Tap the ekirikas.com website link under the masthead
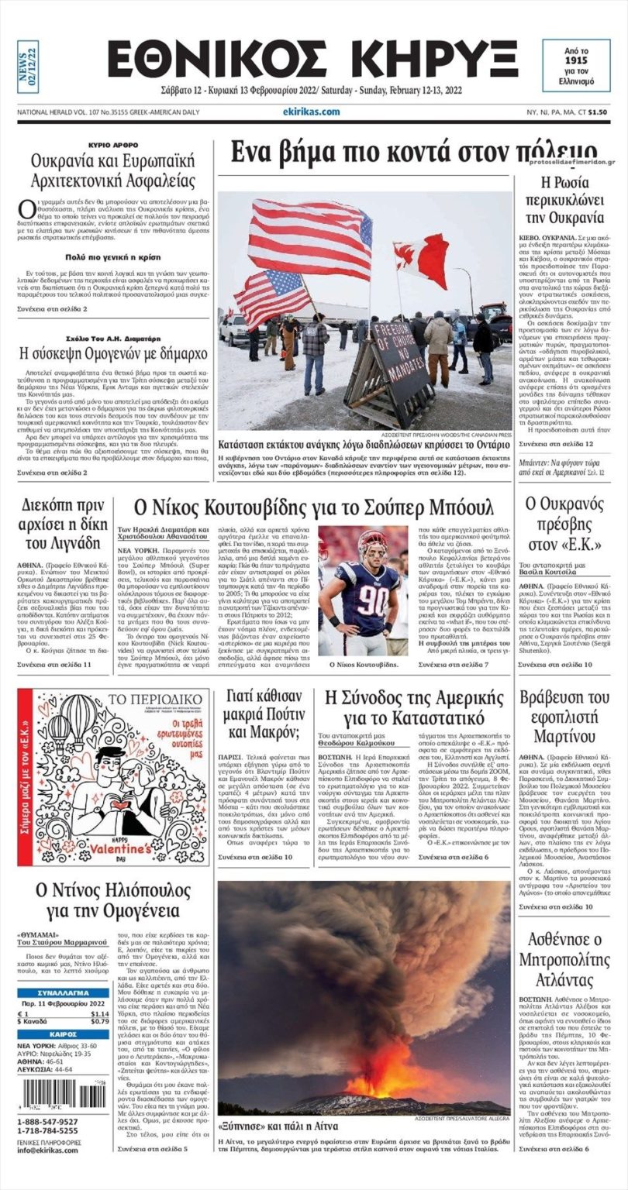pos(311,112)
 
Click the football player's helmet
pos(373,546)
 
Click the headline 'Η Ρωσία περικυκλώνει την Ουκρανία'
pos(565,200)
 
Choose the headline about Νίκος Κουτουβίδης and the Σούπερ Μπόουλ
pos(314,508)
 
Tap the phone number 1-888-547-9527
pos(47,1121)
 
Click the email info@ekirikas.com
pos(48,1150)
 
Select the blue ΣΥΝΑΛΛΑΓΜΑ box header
pos(63,992)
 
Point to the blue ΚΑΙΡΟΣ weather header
pos(63,1034)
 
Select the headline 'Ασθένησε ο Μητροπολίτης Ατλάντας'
pos(565,952)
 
